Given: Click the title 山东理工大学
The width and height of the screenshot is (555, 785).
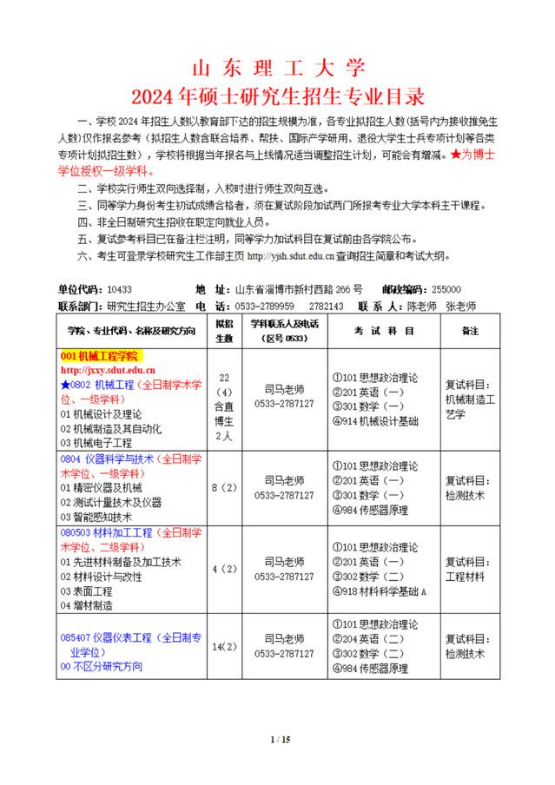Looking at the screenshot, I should click(x=278, y=69).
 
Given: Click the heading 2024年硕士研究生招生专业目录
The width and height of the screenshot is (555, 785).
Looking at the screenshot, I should click(x=278, y=94).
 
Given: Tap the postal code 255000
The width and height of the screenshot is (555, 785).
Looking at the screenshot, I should click(x=446, y=289).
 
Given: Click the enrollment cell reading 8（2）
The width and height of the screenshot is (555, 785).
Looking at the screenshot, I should click(x=224, y=488).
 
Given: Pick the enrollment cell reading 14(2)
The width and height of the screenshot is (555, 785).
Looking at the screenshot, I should click(x=224, y=646).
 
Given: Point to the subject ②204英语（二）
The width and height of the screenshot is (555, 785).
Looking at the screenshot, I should click(x=368, y=638).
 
